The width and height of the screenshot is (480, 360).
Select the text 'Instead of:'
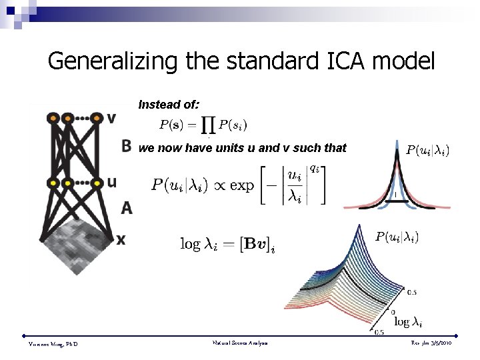(x=169, y=105)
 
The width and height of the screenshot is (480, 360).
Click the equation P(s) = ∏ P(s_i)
(x=204, y=125)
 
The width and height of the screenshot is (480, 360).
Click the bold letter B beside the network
(x=127, y=147)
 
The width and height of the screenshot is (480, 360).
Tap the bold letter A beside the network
(x=127, y=209)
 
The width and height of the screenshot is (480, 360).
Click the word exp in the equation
(x=242, y=185)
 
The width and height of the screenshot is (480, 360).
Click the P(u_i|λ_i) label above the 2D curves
(x=427, y=151)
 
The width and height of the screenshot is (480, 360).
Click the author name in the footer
(x=53, y=344)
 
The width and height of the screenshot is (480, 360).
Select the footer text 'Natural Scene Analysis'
(x=239, y=343)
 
